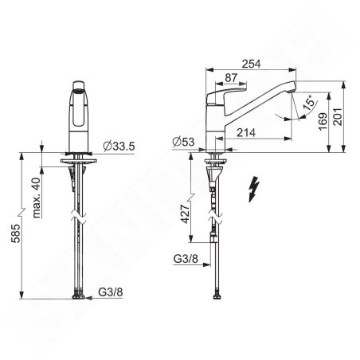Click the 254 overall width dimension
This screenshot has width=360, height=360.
coord(251,64)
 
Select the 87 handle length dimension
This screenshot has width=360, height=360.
coord(231,78)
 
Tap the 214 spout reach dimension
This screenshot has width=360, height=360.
coord(246,133)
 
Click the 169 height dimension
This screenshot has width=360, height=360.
coord(323,122)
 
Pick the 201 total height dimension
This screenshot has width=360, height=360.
coord(338,117)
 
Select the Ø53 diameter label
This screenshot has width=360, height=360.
coord(183,143)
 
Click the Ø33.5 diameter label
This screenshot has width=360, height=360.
coord(119,146)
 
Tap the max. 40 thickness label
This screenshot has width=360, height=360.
coord(37,198)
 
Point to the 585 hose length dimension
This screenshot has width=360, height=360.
coord(16,233)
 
